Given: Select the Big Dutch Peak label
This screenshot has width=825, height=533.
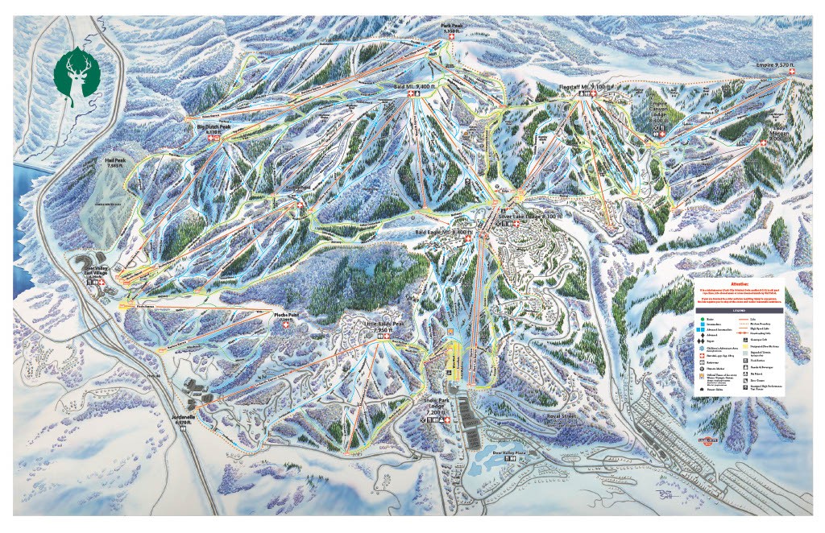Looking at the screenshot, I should pyautogui.click(x=214, y=127).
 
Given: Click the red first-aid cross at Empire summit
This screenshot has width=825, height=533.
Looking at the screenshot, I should pyautogui.click(x=790, y=72).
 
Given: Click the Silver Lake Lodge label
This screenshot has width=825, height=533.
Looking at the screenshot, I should pyautogui.click(x=529, y=217).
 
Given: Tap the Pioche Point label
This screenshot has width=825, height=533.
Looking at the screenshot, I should pyautogui.click(x=286, y=313).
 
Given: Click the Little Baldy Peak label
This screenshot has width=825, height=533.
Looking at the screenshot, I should pyautogui.click(x=384, y=327).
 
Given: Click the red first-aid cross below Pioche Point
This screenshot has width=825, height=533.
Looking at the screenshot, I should pyautogui.click(x=286, y=324).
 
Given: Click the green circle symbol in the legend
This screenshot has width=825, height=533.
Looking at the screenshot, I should pyautogui.click(x=700, y=320).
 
